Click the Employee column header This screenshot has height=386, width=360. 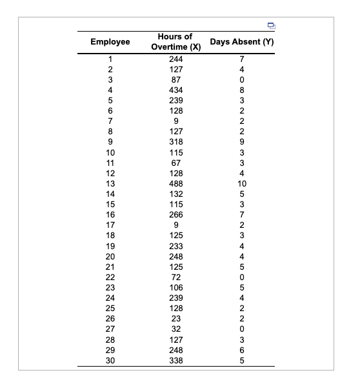click(110, 42)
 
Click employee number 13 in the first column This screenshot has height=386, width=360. click(110, 183)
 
